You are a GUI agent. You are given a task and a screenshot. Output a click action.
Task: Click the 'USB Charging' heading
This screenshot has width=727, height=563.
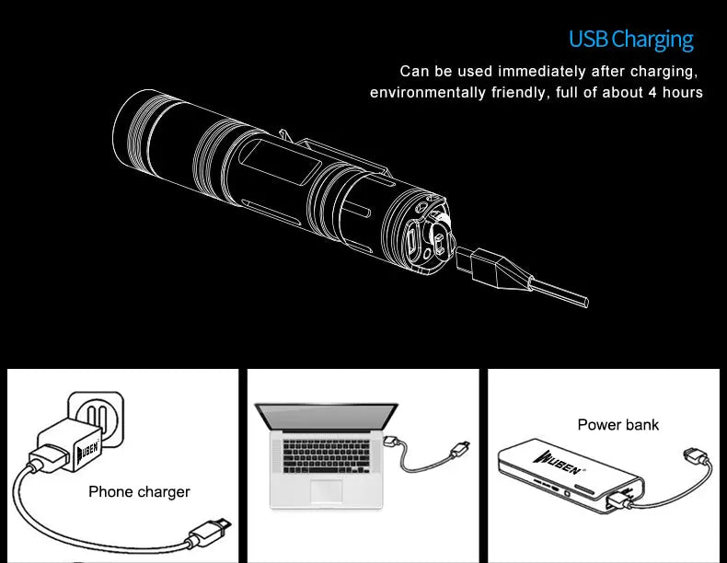point(630,40)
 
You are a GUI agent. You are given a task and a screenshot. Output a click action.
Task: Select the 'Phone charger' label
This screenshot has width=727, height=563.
point(139,492)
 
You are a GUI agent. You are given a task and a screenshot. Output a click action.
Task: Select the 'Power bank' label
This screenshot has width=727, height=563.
point(617,424)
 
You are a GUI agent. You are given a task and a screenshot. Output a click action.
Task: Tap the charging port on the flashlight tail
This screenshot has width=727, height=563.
point(412,244)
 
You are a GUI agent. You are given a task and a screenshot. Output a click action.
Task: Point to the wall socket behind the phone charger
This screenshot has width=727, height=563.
point(98,414)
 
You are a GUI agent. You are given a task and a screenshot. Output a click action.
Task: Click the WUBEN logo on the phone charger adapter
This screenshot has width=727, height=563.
point(87,452)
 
